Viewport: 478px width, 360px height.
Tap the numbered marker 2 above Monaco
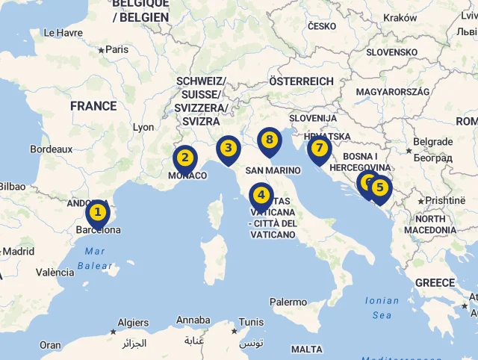(x=185, y=158)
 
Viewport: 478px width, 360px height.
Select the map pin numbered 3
(x=229, y=149)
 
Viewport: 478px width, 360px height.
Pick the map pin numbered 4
(x=261, y=196)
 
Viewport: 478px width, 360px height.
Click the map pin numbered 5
(x=380, y=188)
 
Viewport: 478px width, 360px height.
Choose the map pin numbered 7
(x=320, y=148)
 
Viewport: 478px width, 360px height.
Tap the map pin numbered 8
(x=270, y=139)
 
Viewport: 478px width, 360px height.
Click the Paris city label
(x=117, y=49)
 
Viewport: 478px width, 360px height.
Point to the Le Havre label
(x=63, y=33)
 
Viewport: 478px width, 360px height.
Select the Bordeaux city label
(x=52, y=149)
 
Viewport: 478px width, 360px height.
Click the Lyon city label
(x=143, y=127)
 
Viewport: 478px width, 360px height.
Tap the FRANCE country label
(x=93, y=106)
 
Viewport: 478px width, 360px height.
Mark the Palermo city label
(x=288, y=302)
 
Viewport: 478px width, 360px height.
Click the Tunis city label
(x=252, y=323)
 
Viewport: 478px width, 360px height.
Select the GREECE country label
(x=435, y=283)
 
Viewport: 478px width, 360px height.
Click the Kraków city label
(x=400, y=17)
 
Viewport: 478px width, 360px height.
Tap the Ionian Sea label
(x=382, y=308)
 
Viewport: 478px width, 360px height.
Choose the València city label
(x=55, y=273)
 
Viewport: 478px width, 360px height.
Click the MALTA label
(x=307, y=349)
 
